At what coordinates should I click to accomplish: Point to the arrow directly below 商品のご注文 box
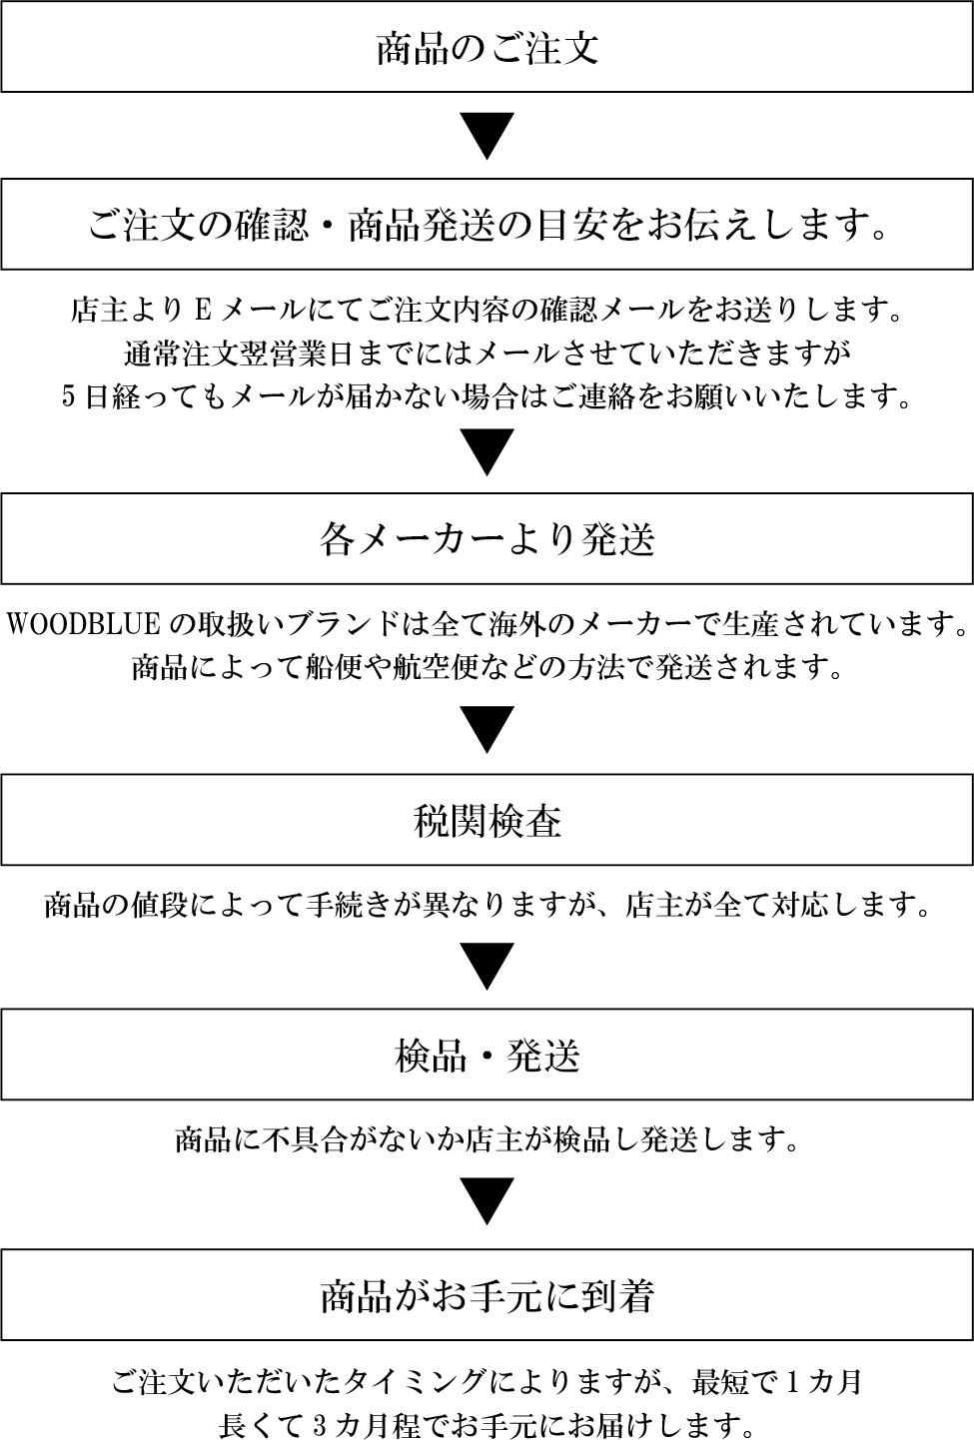[487, 136]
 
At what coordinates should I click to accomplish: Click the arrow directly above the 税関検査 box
[487, 729]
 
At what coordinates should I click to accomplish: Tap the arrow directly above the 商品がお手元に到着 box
[487, 1201]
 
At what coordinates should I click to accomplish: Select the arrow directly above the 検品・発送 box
[487, 966]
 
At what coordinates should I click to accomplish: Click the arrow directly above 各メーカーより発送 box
[487, 452]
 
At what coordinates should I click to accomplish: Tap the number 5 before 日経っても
[69, 396]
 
